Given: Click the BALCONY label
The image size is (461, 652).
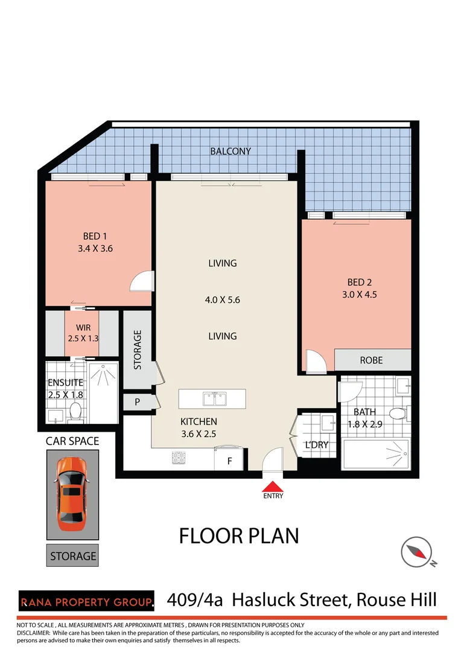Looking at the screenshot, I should pyautogui.click(x=230, y=152).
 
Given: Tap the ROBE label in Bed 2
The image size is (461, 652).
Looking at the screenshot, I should pyautogui.click(x=371, y=360).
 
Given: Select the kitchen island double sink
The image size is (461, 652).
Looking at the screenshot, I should pyautogui.click(x=212, y=399).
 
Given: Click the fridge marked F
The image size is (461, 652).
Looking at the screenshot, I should pyautogui.click(x=230, y=460).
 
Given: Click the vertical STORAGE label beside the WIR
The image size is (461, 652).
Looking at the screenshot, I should pyautogui.click(x=138, y=350).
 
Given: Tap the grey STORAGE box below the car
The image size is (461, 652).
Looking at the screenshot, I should pyautogui.click(x=72, y=555).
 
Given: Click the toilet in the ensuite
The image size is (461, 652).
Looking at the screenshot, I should pyautogui.click(x=76, y=412).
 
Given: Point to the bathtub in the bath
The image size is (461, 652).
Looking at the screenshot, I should pyautogui.click(x=375, y=453).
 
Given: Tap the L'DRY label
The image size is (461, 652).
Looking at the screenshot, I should pyautogui.click(x=316, y=445).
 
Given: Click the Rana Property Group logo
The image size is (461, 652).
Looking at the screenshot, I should pyautogui.click(x=86, y=602).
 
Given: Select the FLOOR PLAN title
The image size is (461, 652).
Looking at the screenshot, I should pyautogui.click(x=239, y=535).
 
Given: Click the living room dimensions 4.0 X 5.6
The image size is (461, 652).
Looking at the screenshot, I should pyautogui.click(x=222, y=300).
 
